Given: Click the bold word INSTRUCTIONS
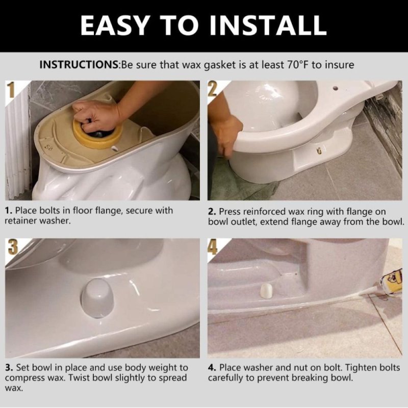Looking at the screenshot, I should click(79, 65).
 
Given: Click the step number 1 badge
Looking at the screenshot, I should click(11, 92).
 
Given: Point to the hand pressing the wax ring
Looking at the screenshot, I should click(94, 115).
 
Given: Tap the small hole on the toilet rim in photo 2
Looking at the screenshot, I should click(337, 87).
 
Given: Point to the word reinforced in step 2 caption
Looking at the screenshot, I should click(261, 211).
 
